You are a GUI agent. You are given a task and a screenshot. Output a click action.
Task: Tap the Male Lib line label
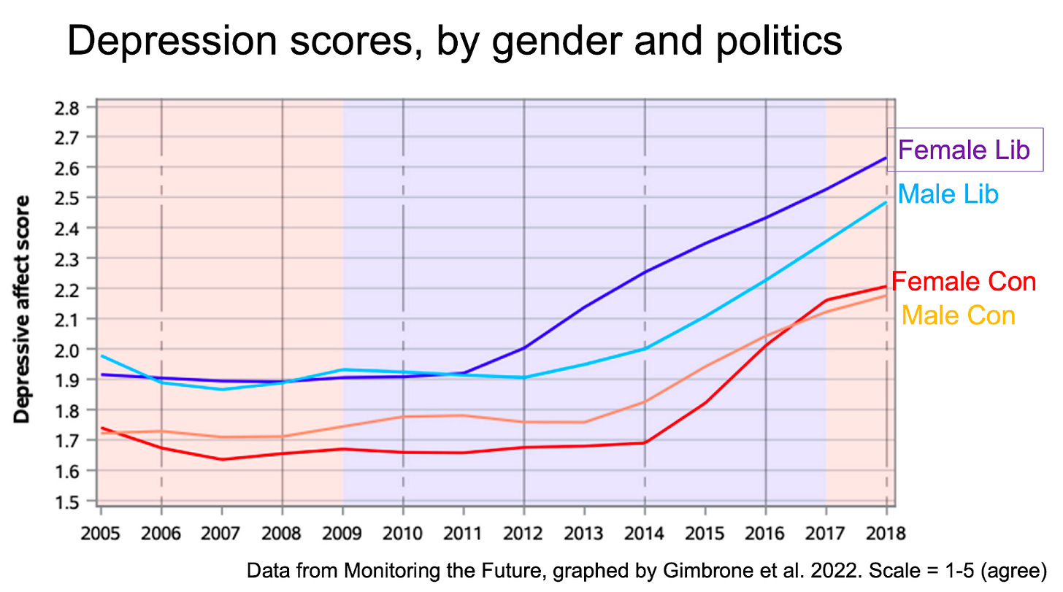click(948, 195)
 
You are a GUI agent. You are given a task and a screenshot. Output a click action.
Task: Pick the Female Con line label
click(964, 282)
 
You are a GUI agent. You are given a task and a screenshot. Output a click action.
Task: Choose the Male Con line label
click(958, 315)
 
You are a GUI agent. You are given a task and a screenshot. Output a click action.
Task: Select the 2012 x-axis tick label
click(523, 534)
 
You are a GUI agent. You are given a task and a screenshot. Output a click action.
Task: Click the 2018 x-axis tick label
click(886, 534)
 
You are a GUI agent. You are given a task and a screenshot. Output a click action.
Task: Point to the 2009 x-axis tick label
click(342, 534)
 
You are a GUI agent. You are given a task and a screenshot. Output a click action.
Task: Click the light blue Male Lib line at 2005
click(102, 356)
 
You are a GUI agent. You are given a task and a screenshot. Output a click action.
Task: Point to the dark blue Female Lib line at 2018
click(885, 158)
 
